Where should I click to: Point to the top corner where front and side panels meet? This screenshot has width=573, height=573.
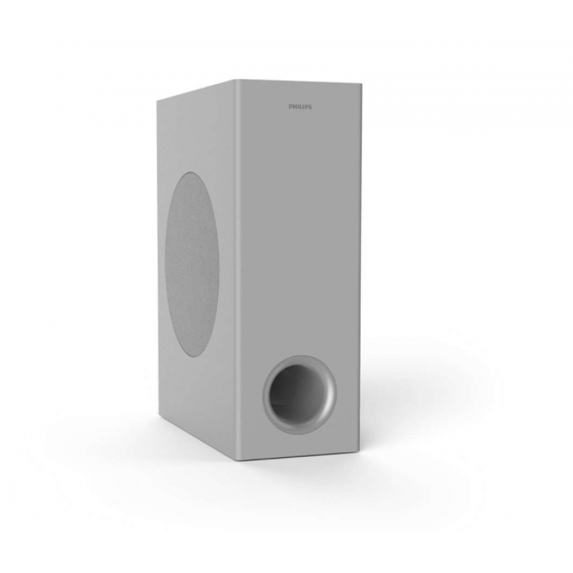234,80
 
